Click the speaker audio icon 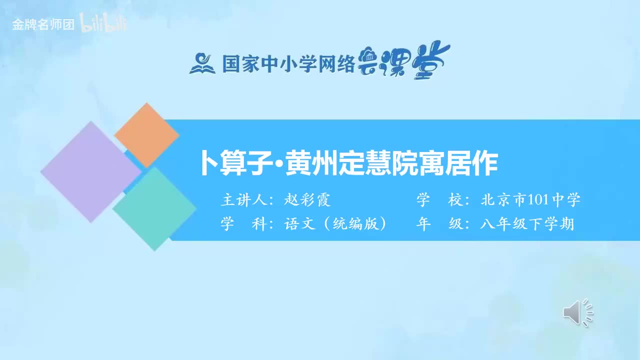[577, 312]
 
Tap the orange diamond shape [146, 135]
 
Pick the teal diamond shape [154, 208]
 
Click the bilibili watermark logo [103, 24]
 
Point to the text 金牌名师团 [43, 24]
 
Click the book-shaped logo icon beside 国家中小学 [202, 63]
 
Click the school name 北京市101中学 [530, 200]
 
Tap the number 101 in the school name [538, 200]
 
